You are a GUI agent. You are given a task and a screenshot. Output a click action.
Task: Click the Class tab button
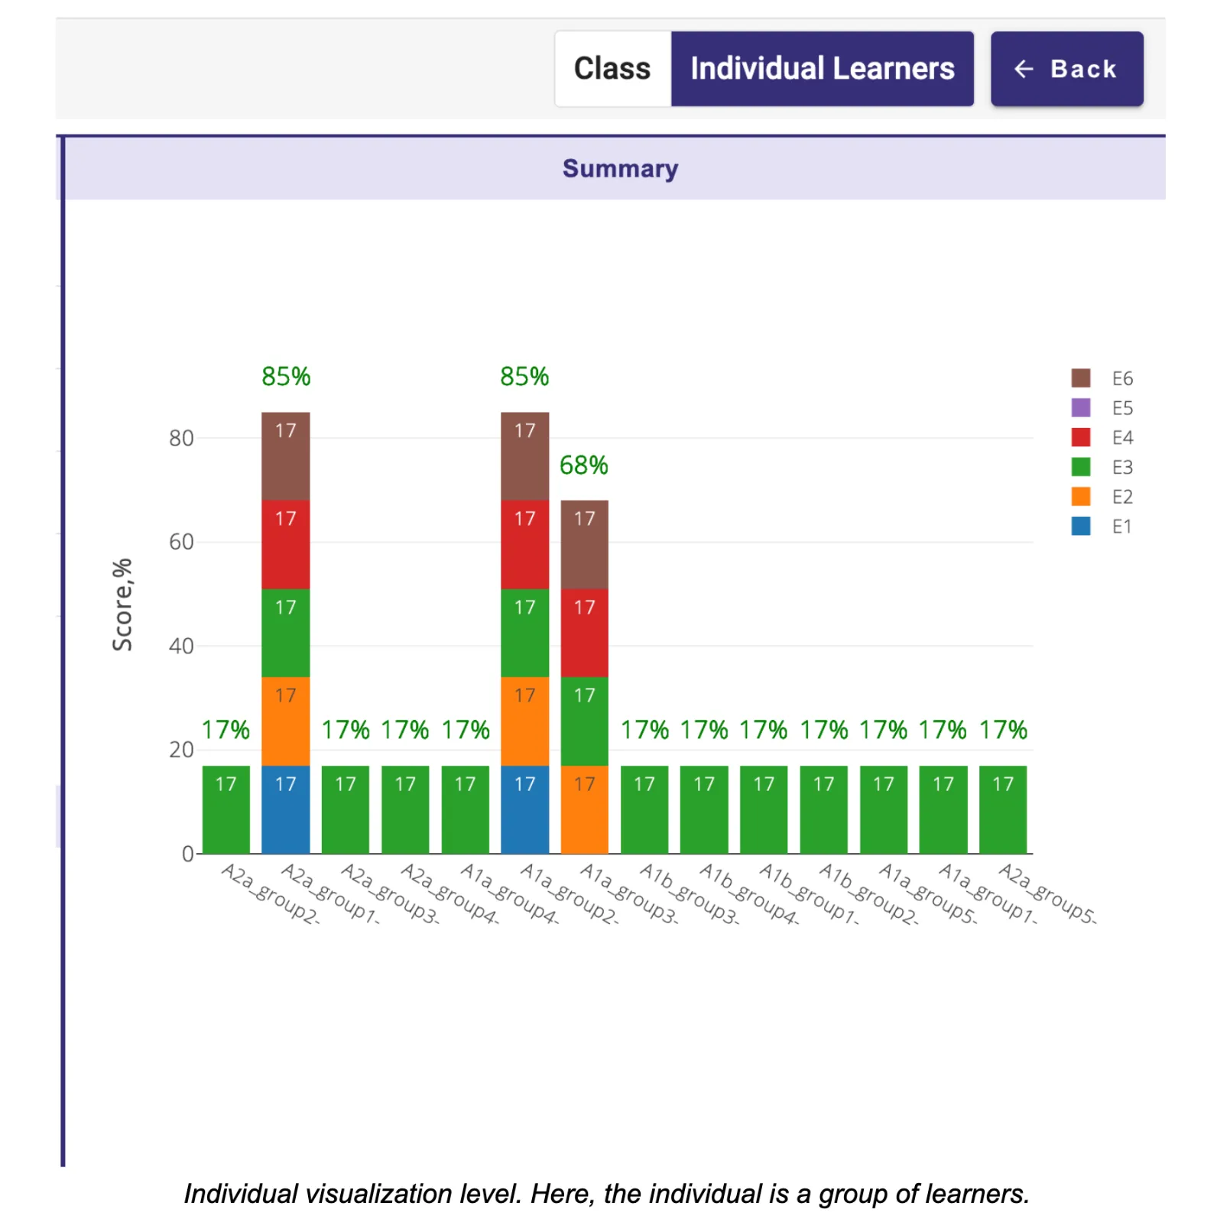pyautogui.click(x=612, y=69)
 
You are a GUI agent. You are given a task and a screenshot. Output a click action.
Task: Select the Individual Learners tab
pyautogui.click(x=822, y=69)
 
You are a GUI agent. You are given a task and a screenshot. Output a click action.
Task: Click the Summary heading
pyautogui.click(x=620, y=168)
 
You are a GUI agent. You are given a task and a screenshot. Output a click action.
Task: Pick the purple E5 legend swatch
pyautogui.click(x=1080, y=407)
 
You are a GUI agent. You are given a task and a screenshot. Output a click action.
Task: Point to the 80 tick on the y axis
pyautogui.click(x=181, y=438)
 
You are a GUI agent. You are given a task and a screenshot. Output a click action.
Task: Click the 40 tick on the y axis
pyautogui.click(x=181, y=646)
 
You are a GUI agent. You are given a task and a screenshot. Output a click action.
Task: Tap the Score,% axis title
pyautogui.click(x=122, y=604)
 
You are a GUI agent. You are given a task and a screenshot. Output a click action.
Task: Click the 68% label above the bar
pyautogui.click(x=584, y=465)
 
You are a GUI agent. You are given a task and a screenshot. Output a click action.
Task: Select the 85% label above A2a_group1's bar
pyautogui.click(x=286, y=376)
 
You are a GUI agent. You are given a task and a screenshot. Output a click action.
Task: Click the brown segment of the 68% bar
pyautogui.click(x=585, y=544)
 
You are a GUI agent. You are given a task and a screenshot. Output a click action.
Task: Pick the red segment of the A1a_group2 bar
pyautogui.click(x=524, y=544)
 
